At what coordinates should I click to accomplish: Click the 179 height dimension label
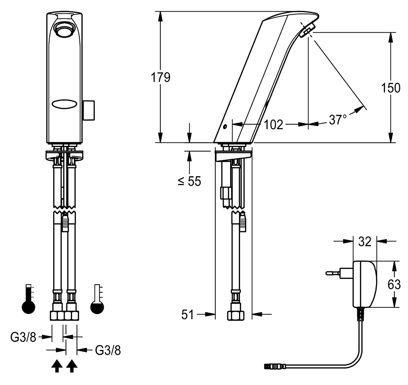pyautogui.click(x=160, y=78)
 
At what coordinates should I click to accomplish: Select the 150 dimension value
pyautogui.click(x=391, y=88)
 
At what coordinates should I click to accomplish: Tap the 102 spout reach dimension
pyautogui.click(x=273, y=124)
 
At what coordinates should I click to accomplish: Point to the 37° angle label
pyautogui.click(x=338, y=120)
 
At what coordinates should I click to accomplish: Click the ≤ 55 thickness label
pyautogui.click(x=189, y=181)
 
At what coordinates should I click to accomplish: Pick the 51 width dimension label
pyautogui.click(x=187, y=315)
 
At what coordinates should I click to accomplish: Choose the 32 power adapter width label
pyautogui.click(x=365, y=241)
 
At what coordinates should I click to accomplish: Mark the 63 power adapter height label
pyautogui.click(x=394, y=285)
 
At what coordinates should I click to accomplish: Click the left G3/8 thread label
pyautogui.click(x=23, y=337)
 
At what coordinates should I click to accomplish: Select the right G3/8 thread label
pyautogui.click(x=108, y=350)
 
